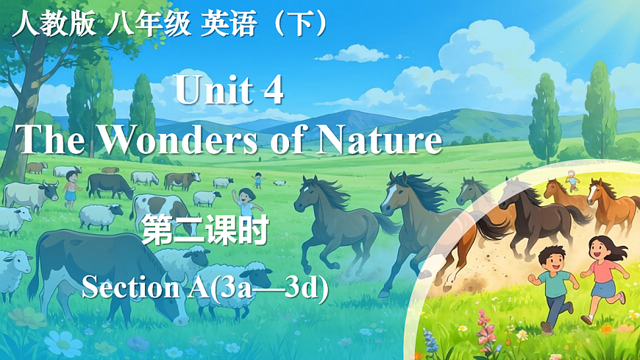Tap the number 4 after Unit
pos(271,92)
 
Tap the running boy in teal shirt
pos(556,288)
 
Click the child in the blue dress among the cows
pos(71,189)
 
